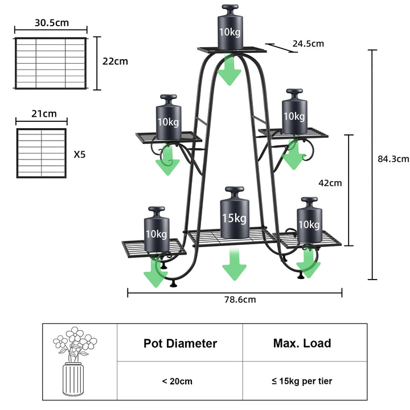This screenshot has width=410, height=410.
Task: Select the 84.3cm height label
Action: coord(393,159)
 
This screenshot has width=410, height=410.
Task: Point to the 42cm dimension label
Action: coord(330,183)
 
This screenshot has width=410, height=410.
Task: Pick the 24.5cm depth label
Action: coord(308,43)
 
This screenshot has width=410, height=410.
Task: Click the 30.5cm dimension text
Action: coord(52,23)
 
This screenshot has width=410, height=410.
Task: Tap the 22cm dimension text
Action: coord(115,61)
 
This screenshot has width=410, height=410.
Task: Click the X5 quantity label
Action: coord(80,154)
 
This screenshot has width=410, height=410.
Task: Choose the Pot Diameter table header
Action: coord(180,343)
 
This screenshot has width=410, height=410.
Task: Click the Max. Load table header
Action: coord(302,343)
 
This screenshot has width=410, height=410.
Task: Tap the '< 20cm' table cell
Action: coord(180,381)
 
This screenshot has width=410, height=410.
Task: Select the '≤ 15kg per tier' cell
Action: coord(302,381)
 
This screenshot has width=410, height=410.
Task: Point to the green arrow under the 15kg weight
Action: coord(234,264)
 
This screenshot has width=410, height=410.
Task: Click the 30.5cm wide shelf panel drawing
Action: coord(51,63)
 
